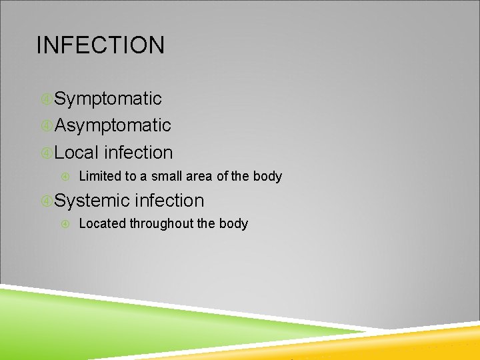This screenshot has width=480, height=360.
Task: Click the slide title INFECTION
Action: [x=101, y=45]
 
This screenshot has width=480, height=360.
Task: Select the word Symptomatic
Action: [x=108, y=99]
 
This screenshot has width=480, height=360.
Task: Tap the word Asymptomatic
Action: [x=113, y=125]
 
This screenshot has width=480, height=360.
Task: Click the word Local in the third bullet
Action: [x=76, y=153]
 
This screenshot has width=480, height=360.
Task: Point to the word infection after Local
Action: [x=139, y=153]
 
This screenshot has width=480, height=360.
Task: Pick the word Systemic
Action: [x=92, y=201]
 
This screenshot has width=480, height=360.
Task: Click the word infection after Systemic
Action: [x=170, y=201]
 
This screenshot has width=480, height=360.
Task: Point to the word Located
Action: [x=102, y=224]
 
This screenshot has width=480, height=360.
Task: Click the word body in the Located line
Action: [x=233, y=224]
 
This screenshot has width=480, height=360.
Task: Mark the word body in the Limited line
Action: [x=267, y=177]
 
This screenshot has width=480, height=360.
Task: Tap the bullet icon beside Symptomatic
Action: [x=46, y=99]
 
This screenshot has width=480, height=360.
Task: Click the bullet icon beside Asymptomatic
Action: [x=46, y=126]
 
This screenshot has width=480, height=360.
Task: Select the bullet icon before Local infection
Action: [x=46, y=153]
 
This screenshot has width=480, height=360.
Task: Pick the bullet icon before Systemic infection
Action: [x=46, y=201]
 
